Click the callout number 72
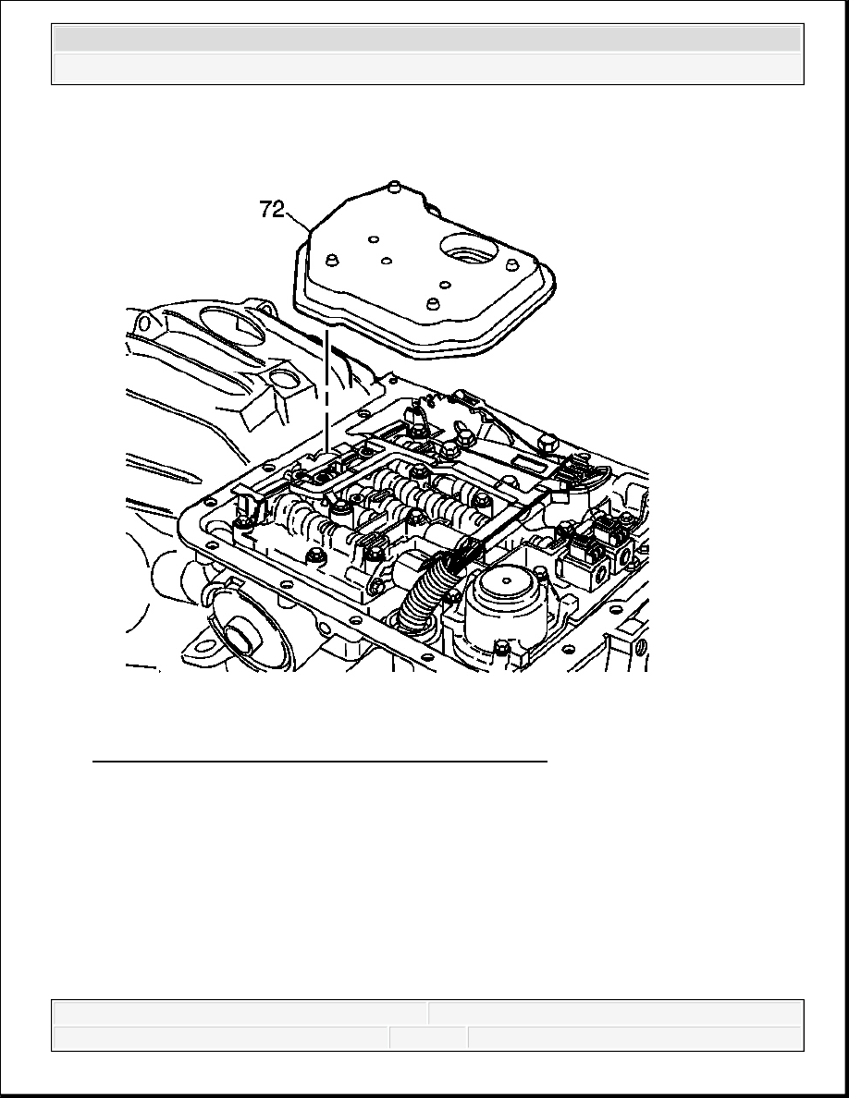pyautogui.click(x=272, y=210)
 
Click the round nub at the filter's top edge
pyautogui.click(x=394, y=186)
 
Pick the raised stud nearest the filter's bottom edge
pyautogui.click(x=433, y=304)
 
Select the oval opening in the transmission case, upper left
pyautogui.click(x=232, y=324)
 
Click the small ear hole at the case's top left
pyautogui.click(x=145, y=323)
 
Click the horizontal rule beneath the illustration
pyautogui.click(x=319, y=760)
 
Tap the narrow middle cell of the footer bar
pyautogui.click(x=428, y=1038)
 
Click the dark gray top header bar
pyautogui.click(x=427, y=39)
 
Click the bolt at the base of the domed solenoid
pyautogui.click(x=501, y=646)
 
